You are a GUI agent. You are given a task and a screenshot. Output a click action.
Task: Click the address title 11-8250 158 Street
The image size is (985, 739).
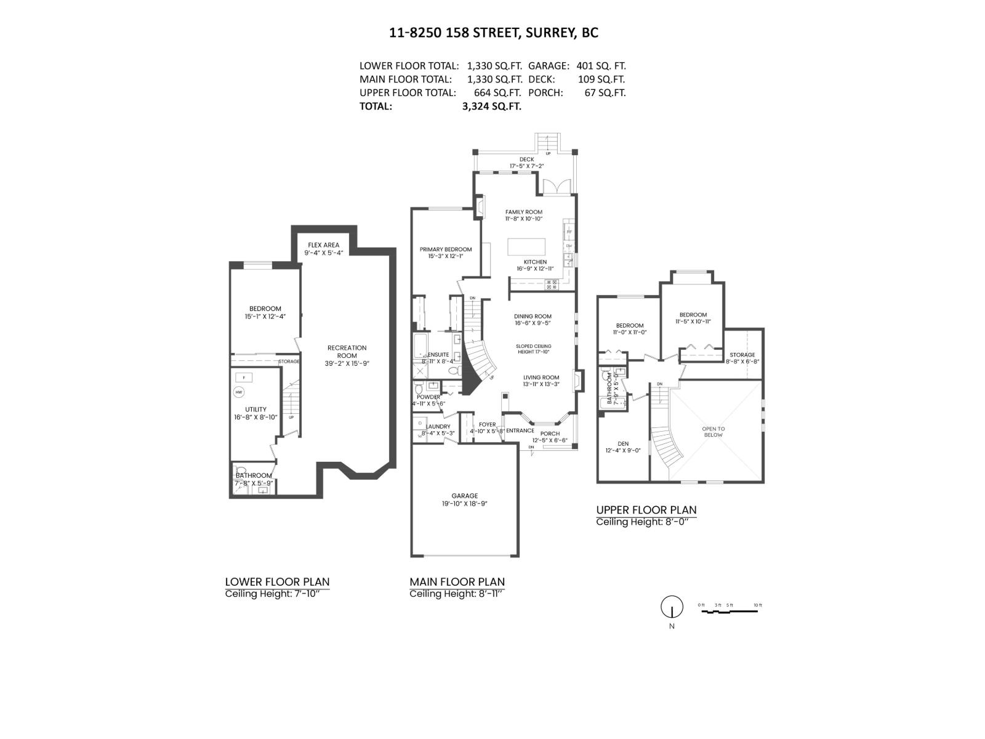coord(493,33)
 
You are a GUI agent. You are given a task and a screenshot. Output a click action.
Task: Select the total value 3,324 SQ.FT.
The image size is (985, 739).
coord(491,106)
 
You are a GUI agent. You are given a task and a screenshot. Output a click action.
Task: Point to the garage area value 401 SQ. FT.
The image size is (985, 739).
coord(601,65)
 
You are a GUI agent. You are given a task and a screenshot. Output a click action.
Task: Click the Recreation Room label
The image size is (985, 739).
coord(347,352)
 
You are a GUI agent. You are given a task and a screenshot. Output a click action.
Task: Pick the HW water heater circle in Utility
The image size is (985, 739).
coord(239,392)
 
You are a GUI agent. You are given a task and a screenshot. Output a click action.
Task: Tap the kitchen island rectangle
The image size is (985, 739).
coord(526,246)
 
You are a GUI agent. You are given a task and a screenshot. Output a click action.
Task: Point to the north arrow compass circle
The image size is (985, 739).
coord(672,607)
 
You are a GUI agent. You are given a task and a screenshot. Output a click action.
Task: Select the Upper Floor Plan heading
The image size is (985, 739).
coord(646,510)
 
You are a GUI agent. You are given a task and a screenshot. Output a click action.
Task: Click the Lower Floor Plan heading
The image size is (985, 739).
coord(277,581)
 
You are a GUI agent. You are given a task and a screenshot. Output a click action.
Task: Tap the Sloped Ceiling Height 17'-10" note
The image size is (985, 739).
coord(533,349)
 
